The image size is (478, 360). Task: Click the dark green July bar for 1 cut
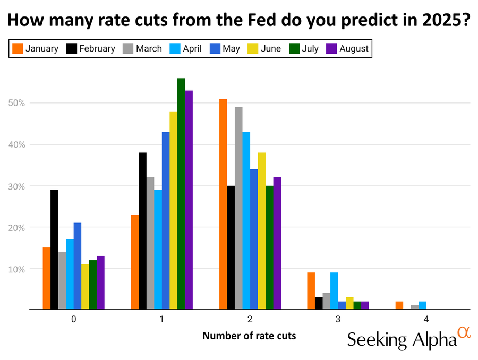coord(181,194)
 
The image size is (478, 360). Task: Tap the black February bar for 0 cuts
coord(54,249)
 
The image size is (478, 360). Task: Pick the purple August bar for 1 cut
coord(189,200)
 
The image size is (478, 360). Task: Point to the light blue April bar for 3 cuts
coord(334,290)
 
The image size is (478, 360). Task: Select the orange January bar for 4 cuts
coord(399,305)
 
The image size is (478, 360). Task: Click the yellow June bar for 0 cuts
coord(85,286)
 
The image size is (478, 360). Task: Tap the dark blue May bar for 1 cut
coord(166,220)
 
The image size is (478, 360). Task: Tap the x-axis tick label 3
coord(338,319)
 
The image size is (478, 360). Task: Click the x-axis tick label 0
coord(73,319)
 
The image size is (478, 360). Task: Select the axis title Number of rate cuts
coord(249,336)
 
